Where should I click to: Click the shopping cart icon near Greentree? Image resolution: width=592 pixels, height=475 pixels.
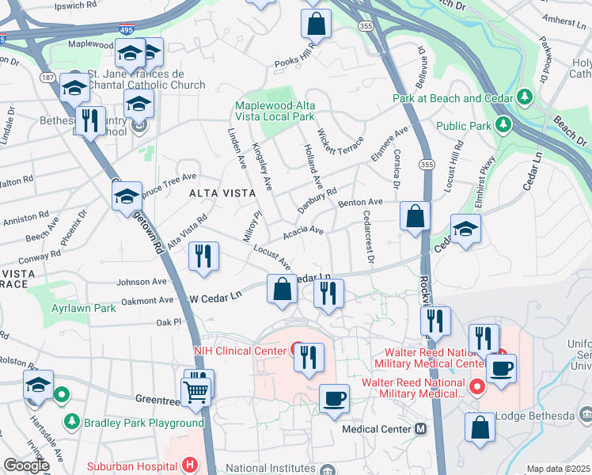point(195,390)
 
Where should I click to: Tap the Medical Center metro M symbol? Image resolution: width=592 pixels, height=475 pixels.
point(420,428)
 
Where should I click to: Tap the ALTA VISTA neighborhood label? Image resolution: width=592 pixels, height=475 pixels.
point(215,192)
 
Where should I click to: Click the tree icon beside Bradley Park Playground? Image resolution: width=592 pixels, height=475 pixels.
point(72,423)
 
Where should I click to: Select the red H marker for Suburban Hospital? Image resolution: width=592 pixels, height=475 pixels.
point(189,465)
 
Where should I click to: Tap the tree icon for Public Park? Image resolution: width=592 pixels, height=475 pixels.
point(501,124)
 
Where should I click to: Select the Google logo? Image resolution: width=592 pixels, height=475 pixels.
point(26,465)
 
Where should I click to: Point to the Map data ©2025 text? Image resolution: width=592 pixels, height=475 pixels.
point(558,469)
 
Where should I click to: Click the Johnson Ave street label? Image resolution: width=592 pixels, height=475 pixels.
point(142,281)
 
